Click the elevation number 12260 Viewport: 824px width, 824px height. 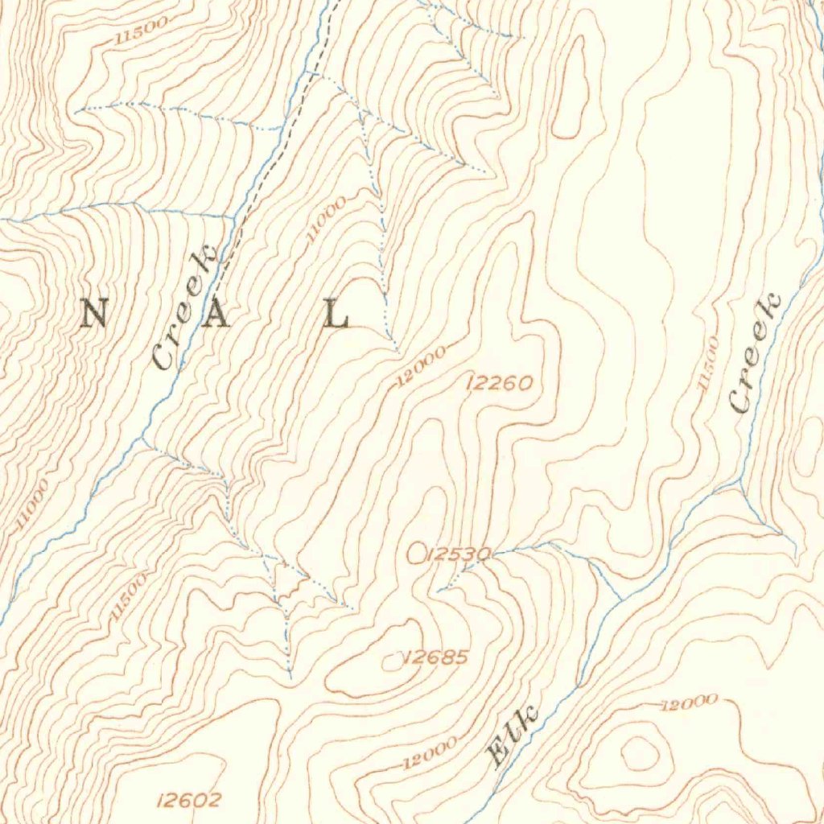click(x=499, y=384)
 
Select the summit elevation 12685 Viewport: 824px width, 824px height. click(x=436, y=657)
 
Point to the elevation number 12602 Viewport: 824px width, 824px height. click(x=189, y=800)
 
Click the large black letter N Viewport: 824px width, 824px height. click(x=95, y=313)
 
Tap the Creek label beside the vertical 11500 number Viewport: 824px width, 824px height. click(x=755, y=354)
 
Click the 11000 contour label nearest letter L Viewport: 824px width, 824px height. click(x=326, y=219)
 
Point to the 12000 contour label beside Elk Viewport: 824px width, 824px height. click(x=431, y=752)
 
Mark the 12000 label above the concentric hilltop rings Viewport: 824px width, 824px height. click(x=688, y=703)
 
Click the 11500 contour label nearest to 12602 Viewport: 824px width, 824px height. click(x=128, y=596)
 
